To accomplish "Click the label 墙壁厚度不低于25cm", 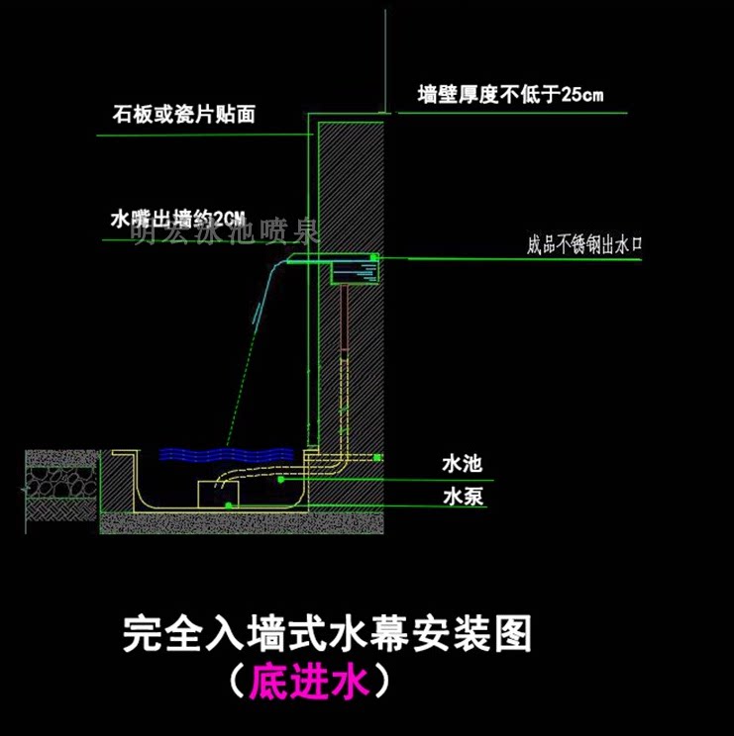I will click(511, 96).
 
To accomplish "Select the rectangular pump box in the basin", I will click(220, 492).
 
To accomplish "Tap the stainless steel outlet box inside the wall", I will click(356, 269).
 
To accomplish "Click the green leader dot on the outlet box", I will click(373, 258).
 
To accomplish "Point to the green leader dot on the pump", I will click(230, 505).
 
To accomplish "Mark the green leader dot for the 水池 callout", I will click(280, 480).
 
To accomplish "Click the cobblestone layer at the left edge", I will click(59, 481).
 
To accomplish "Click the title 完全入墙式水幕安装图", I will click(327, 632).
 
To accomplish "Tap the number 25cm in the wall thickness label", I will click(581, 96).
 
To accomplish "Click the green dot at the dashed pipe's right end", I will click(377, 456).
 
